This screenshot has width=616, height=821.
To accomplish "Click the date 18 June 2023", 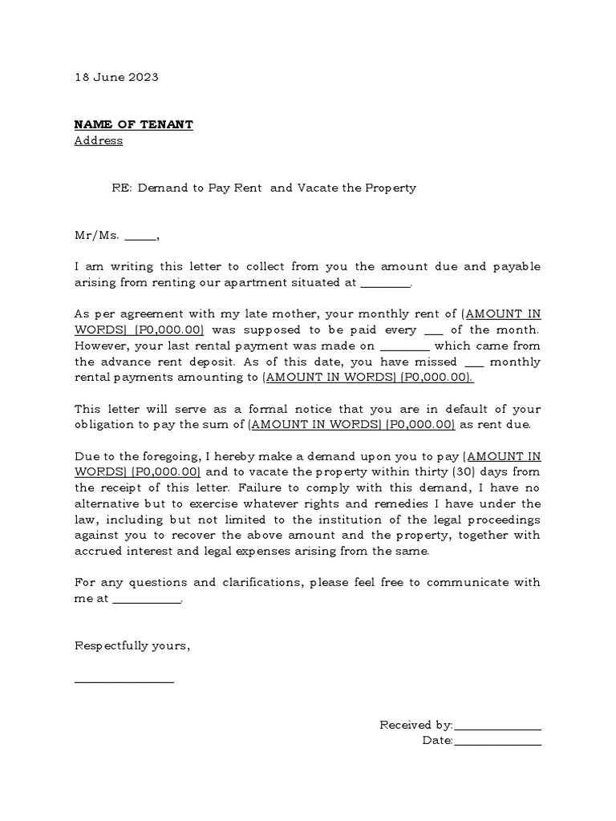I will coord(116,77).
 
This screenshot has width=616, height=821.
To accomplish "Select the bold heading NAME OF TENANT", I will coord(133,124).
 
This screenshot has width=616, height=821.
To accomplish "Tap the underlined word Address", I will coord(99,140).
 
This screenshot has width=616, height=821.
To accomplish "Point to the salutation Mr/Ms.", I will coord(97,235).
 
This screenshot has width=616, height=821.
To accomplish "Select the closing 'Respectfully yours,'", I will coord(132,645).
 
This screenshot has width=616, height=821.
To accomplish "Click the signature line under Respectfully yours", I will coord(124,681).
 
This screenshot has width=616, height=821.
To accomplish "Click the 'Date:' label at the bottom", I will coord(438,741).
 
